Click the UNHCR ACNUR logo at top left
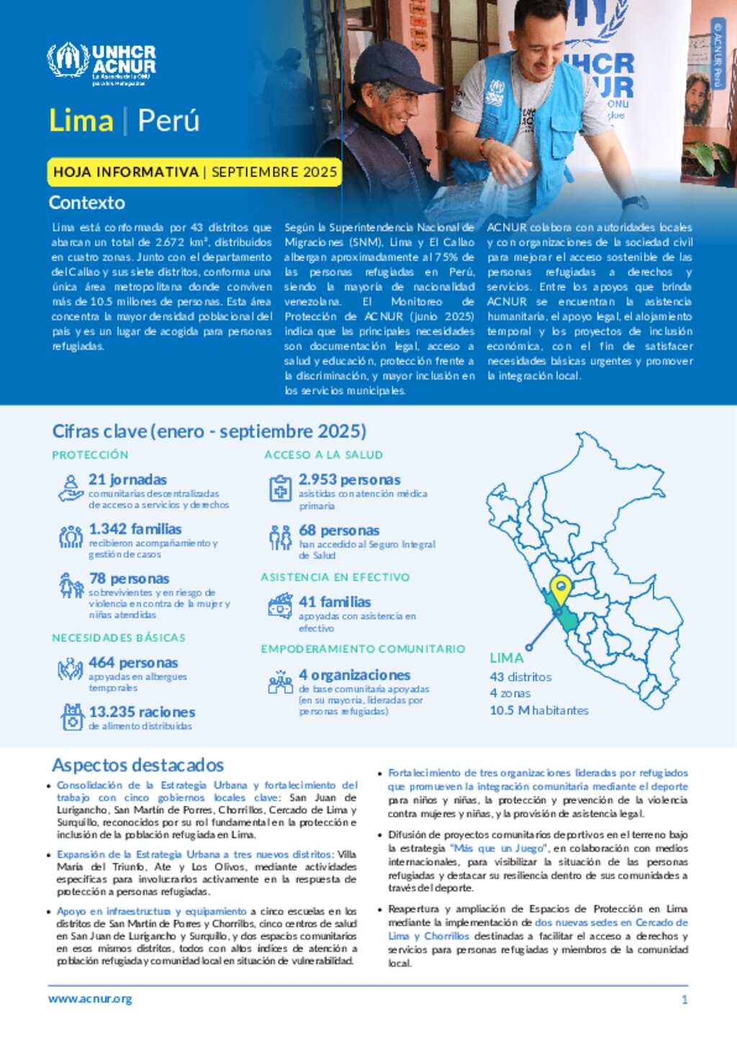coord(101,63)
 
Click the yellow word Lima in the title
coord(81,120)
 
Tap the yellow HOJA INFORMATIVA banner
coord(194,172)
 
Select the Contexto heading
coord(87,203)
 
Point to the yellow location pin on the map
coord(560,588)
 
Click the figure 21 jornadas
coord(127,479)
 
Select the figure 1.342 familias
coord(135,529)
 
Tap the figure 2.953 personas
coord(349,479)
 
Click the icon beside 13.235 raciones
coord(72,717)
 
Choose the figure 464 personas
coord(133,663)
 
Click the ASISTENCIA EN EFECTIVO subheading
coord(335,577)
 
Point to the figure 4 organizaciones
coord(354,675)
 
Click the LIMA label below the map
coord(507,658)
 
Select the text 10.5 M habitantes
coord(539,710)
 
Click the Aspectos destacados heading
coord(137,765)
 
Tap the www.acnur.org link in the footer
coord(90,999)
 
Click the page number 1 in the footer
coord(684,999)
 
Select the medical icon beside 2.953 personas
coord(280,488)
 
